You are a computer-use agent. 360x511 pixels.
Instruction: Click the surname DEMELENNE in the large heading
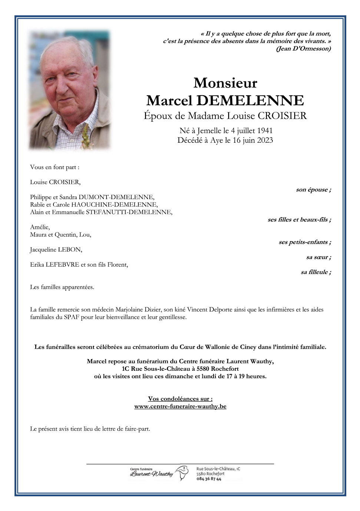(250, 100)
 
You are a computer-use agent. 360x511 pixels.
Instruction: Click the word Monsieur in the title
(225, 83)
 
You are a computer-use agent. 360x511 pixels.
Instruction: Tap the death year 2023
(265, 140)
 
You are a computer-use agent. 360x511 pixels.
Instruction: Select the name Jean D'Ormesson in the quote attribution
(304, 49)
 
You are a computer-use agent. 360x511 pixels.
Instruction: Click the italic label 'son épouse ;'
(313, 189)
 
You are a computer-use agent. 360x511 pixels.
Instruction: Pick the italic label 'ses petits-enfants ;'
(305, 242)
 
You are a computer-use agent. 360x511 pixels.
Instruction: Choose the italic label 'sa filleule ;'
(316, 272)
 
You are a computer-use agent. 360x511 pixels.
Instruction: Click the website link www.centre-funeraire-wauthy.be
(180, 406)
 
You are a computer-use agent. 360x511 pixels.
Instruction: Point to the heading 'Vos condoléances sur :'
(180, 399)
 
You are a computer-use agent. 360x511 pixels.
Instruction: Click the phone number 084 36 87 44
(209, 479)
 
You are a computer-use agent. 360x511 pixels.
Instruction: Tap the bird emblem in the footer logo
(182, 473)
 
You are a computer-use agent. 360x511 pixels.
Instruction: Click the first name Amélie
(40, 227)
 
